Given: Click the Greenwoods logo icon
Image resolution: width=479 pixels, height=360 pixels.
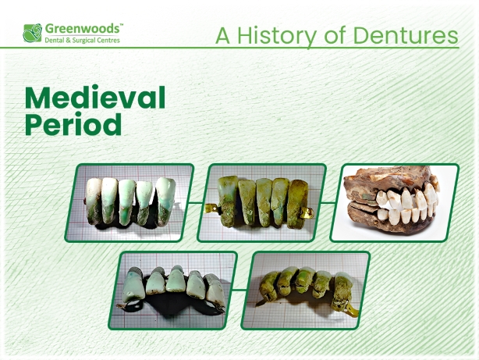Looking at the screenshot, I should coord(33,32).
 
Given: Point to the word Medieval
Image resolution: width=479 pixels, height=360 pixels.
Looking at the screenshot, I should coord(95,98).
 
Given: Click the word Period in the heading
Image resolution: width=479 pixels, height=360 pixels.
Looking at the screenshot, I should coord(73,125).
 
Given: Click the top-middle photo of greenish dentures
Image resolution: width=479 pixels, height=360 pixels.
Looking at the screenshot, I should coord(261,202).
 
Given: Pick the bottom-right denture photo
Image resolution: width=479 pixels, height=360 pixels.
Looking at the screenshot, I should coord(306,290).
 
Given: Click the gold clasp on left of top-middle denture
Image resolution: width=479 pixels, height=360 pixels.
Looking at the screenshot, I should coord(211,208).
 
